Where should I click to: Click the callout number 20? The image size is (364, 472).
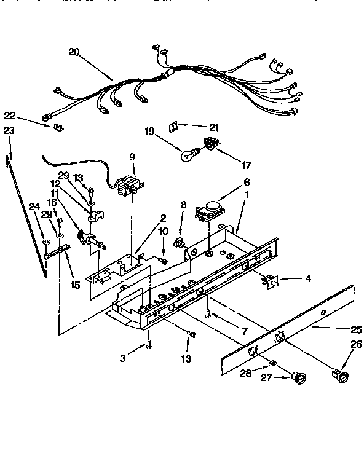(74, 52)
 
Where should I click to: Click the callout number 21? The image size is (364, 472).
(213, 127)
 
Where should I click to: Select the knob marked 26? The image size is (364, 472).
(341, 375)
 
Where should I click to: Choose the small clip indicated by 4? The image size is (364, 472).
(269, 280)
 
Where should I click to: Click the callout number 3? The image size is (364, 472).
(123, 358)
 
